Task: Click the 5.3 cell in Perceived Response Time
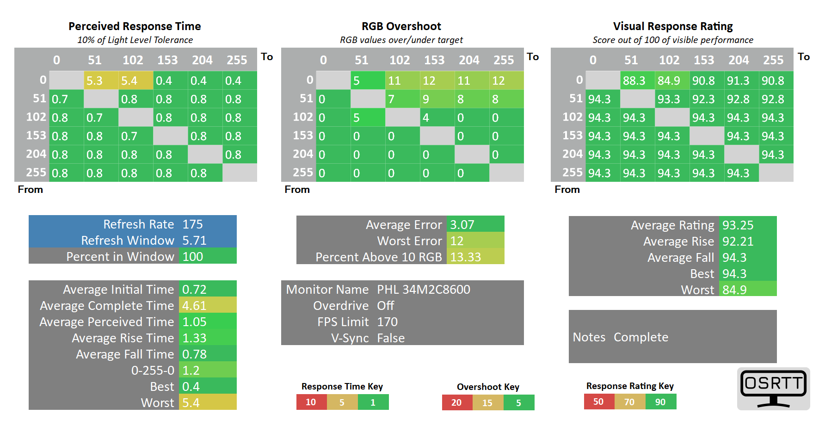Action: pos(101,80)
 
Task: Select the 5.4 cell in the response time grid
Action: pos(136,80)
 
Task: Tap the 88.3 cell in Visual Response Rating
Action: pos(638,80)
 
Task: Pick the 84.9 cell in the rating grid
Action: pos(672,80)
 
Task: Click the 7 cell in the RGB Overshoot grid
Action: pos(403,99)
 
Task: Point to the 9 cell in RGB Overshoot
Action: pos(437,99)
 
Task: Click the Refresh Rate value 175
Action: pos(193,224)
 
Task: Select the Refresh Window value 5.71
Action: pos(195,241)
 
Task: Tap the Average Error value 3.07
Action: pos(462,225)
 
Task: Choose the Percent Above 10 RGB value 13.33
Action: pos(466,257)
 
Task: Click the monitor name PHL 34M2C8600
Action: pos(424,290)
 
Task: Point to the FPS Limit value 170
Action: pos(388,322)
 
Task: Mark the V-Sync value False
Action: pos(391,338)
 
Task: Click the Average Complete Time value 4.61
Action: pos(194,306)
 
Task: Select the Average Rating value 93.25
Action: pos(738,225)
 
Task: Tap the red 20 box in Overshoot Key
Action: pos(457,402)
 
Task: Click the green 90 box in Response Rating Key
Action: pos(661,402)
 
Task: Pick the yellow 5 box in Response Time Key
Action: pos(342,402)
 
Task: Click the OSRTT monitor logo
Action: pos(774,389)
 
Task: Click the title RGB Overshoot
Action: pos(401,26)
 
